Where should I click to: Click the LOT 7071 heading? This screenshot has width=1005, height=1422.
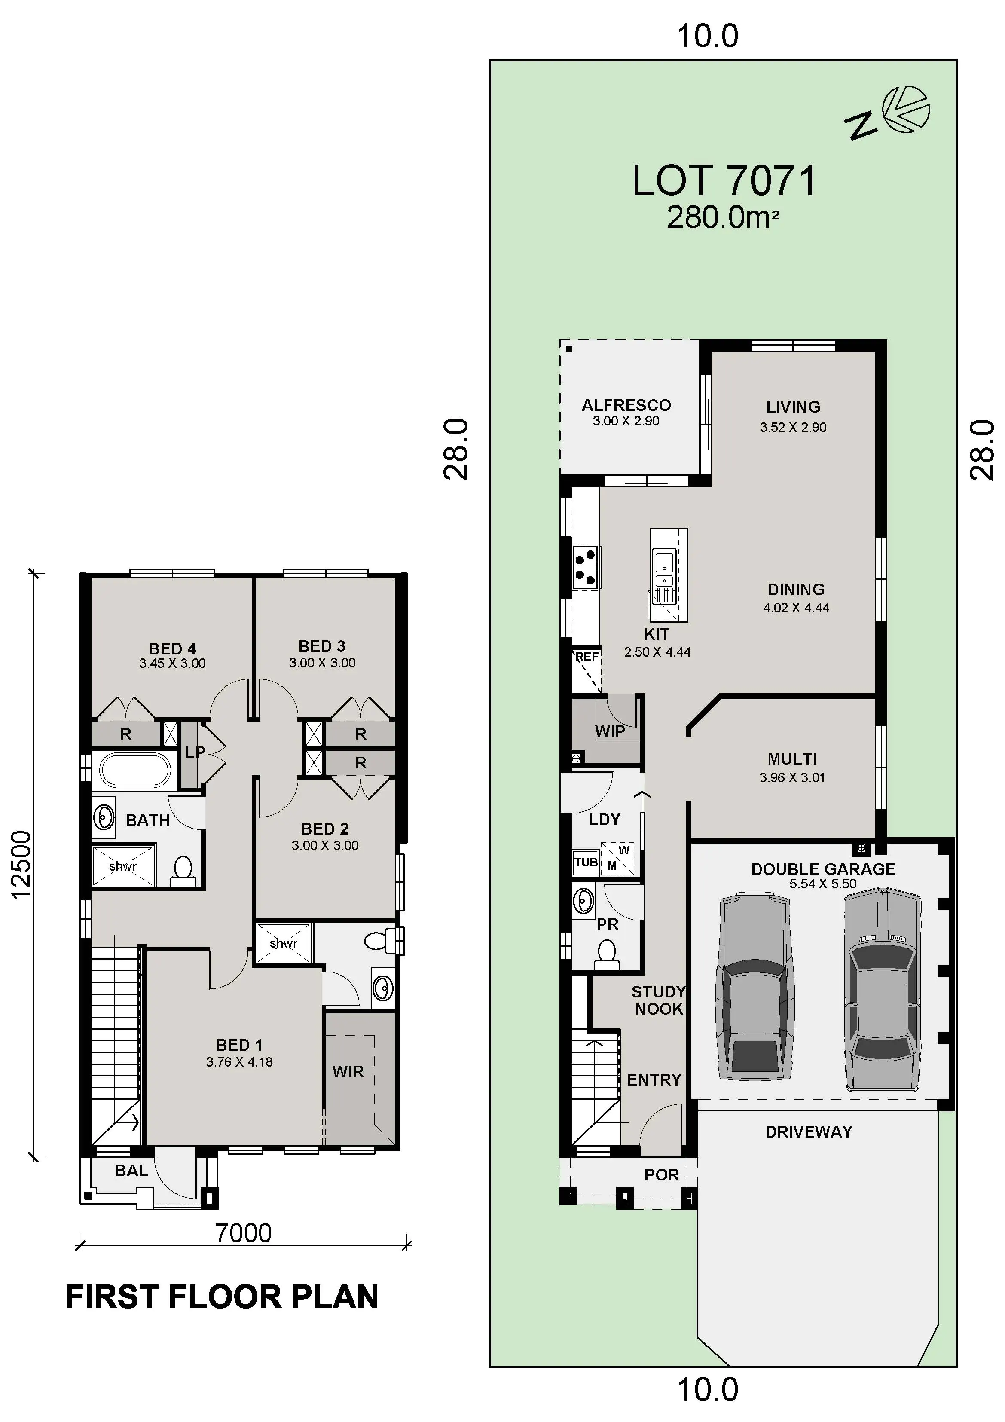pos(724,181)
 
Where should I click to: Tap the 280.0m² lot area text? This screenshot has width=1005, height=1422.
pos(722,218)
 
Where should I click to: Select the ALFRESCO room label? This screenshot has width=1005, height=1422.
pos(626,405)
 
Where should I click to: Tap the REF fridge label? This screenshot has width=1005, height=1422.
pos(587,657)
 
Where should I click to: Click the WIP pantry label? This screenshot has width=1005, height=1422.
pos(610,731)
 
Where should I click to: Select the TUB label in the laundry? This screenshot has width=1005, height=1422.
pos(586,862)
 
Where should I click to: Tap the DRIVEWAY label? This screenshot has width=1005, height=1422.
pos(809,1131)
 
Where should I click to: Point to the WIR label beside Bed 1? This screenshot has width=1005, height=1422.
pos(348,1072)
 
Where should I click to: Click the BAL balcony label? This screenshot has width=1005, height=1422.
pos(131,1171)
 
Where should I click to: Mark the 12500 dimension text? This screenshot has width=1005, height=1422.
pos(21,865)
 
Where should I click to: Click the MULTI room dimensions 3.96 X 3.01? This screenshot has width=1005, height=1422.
pos(793,778)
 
